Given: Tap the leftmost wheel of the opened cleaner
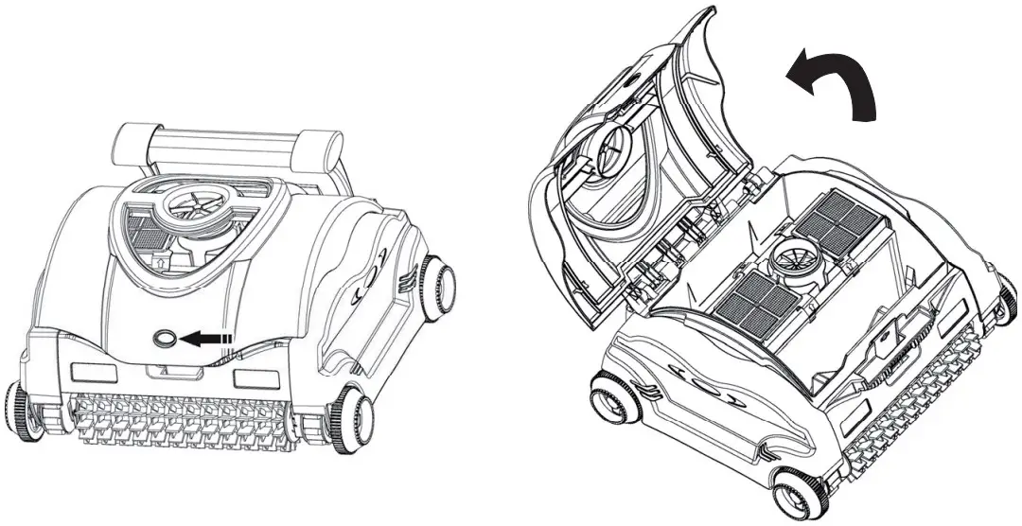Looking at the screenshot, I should [x=610, y=397].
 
